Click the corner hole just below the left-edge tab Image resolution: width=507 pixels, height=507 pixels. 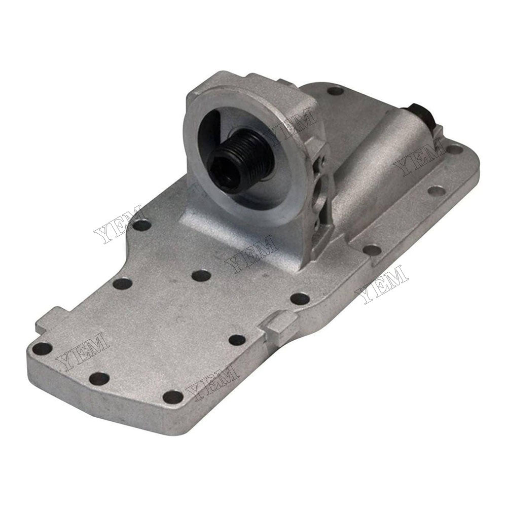(x=43, y=348)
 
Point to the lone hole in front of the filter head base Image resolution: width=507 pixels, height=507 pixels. (x=202, y=276)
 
